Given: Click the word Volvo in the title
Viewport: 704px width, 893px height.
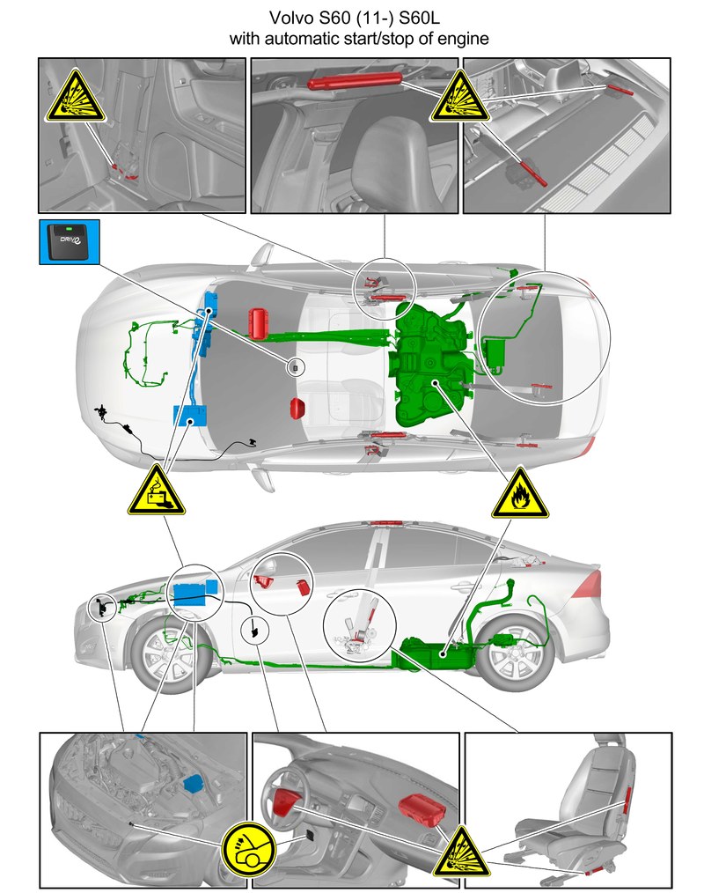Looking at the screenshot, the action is [291, 18].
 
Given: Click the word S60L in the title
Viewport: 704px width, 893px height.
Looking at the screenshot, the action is [420, 18].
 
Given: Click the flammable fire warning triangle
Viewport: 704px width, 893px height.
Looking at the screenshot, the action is [520, 494].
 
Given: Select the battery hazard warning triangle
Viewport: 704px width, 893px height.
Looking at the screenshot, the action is [157, 491].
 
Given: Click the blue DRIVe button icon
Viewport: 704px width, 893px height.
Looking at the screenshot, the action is [70, 242].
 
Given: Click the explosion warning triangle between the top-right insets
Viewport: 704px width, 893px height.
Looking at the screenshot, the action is [460, 97].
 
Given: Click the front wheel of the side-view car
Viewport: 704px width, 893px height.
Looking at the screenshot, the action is [165, 655].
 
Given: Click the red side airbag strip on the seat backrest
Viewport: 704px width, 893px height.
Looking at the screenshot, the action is [627, 800].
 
